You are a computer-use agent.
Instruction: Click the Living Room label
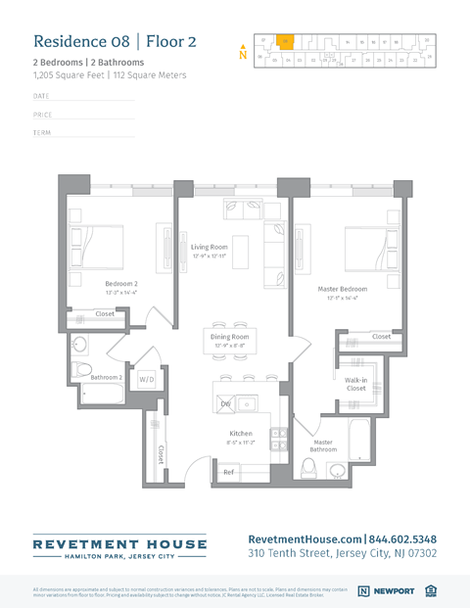tap(209, 247)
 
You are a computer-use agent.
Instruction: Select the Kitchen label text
tap(241, 433)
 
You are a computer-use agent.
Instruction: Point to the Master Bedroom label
tap(343, 289)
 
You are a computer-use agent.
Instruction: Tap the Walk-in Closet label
tap(355, 383)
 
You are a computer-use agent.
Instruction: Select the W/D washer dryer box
tap(147, 378)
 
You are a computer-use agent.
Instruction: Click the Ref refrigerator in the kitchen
tap(228, 472)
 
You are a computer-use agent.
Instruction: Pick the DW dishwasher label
tap(225, 403)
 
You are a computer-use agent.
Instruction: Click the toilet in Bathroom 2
tap(80, 370)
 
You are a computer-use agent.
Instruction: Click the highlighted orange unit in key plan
tap(283, 42)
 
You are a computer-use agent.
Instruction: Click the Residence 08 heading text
tap(115, 41)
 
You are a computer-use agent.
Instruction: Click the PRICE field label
tap(42, 115)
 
